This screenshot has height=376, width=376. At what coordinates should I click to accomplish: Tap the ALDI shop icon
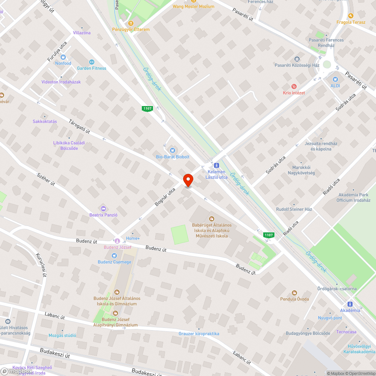coord(335,79)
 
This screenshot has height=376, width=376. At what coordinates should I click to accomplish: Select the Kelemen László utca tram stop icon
coord(216,165)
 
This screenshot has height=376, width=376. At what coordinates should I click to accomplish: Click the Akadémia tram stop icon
coord(350,304)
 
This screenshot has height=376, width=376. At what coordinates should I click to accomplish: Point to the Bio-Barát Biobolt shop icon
coord(173,150)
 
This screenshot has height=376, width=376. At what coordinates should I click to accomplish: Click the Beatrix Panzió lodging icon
coord(103,209)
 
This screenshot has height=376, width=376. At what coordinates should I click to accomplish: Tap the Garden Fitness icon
coord(91,62)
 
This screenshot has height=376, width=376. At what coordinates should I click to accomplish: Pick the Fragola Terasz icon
coord(351,16)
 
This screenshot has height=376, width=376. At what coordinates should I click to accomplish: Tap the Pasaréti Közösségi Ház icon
coord(297,59)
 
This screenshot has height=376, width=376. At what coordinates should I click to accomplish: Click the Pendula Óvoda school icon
coord(294,293)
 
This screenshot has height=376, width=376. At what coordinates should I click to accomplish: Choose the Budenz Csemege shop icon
coord(114,256)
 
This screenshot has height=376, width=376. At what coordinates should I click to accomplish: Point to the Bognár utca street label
coord(165,197)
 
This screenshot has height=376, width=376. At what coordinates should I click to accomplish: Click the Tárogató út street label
coord(79,126)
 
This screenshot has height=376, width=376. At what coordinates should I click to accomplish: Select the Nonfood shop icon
coord(63,57)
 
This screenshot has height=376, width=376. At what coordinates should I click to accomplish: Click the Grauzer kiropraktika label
coord(199,334)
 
